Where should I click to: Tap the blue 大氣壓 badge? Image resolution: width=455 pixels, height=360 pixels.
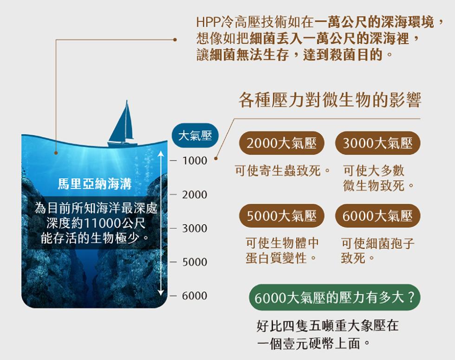195,135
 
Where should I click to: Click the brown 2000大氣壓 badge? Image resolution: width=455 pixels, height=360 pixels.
282,144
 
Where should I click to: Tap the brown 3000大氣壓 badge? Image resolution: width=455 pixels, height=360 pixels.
377,144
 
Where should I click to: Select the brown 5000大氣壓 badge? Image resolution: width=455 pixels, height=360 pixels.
282,216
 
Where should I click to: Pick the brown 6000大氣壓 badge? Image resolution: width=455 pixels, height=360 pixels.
377,216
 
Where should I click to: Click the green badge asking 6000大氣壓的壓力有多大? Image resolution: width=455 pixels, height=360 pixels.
334,298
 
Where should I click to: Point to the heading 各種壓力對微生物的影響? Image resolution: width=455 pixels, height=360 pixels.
330,101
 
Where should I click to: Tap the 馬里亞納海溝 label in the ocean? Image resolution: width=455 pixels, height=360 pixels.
95,184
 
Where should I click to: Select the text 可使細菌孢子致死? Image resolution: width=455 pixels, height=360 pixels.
377,250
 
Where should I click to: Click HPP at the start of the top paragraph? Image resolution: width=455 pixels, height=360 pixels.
205,22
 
